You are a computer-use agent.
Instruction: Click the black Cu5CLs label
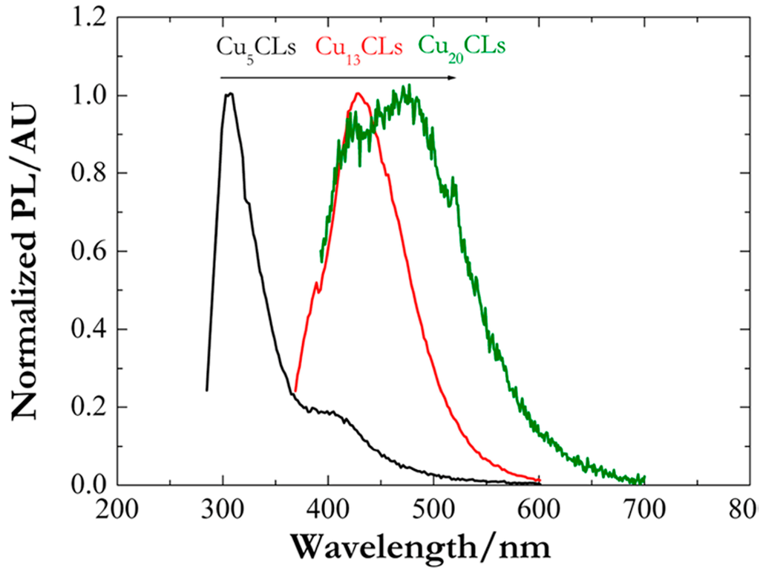[256, 48]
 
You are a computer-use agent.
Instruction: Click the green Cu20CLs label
[462, 48]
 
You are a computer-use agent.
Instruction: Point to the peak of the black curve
[229, 94]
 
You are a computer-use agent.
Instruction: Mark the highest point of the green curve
[407, 86]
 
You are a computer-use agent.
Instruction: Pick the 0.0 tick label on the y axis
[93, 485]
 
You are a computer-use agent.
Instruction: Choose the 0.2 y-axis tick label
[93, 407]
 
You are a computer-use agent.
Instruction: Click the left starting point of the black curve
[206, 390]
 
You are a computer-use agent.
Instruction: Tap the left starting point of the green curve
[321, 260]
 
